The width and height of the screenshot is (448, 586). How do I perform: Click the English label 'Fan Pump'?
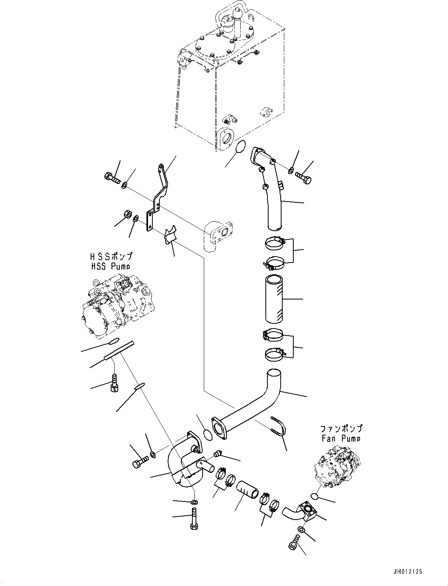340,438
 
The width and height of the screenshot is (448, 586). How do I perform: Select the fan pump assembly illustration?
337,466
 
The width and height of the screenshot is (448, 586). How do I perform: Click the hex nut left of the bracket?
126,214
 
